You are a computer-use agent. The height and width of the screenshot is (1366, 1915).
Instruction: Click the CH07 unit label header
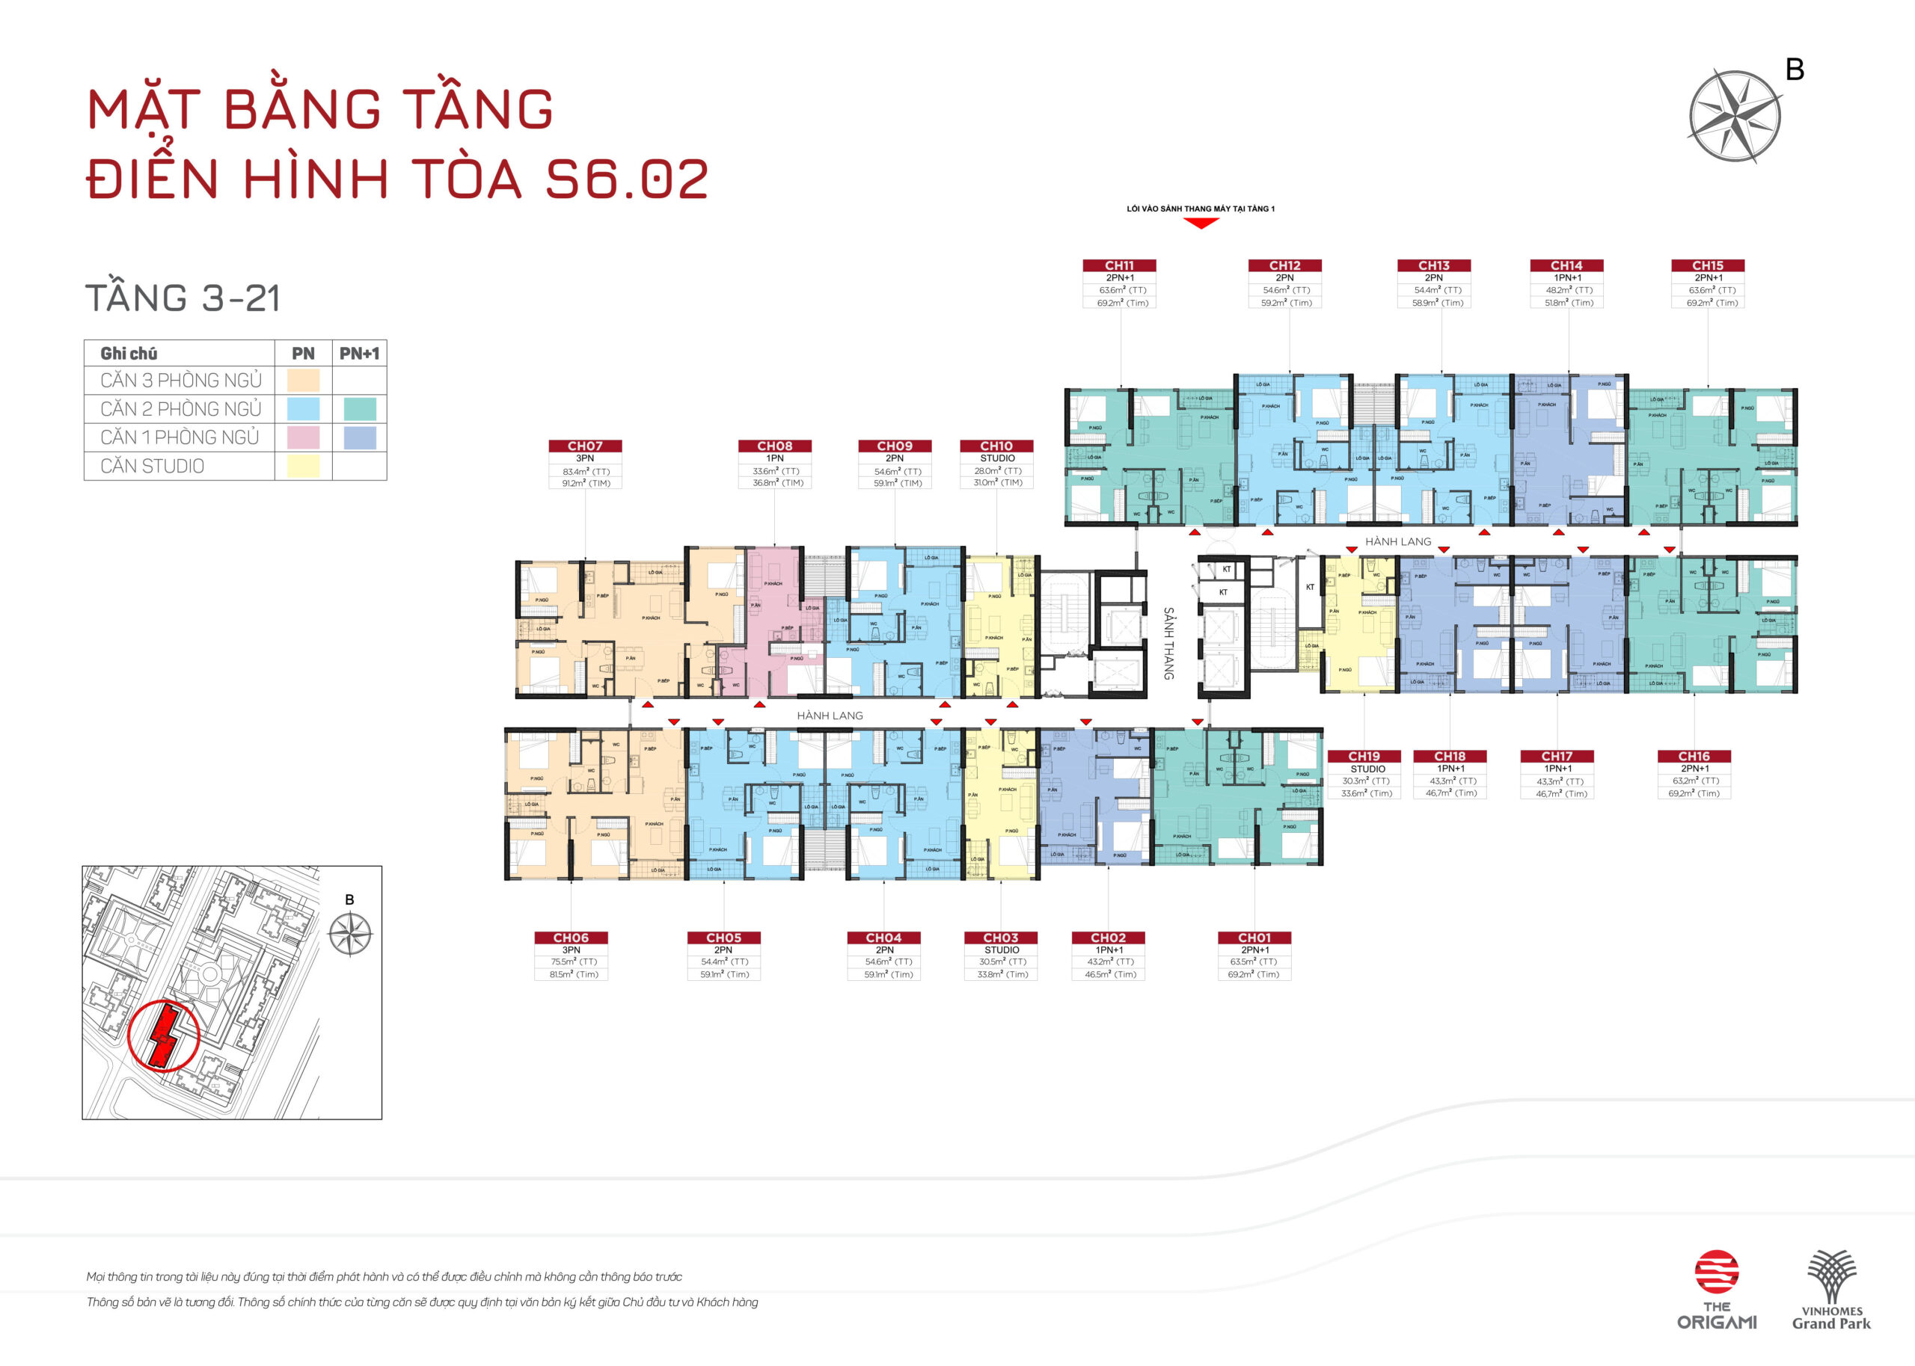click(x=585, y=446)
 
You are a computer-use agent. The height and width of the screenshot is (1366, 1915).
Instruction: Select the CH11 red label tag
click(x=1119, y=265)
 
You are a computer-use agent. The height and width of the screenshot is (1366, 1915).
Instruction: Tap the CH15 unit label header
click(x=1707, y=265)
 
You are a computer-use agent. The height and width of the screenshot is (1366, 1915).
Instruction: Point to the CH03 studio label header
click(x=1000, y=937)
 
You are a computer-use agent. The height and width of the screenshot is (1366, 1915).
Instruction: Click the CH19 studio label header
click(x=1364, y=756)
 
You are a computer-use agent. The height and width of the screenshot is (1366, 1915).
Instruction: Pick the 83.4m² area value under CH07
click(x=586, y=471)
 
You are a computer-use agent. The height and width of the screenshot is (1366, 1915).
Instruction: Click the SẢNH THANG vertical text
click(x=1168, y=644)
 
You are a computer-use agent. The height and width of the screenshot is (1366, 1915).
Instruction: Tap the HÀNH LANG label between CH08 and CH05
click(x=830, y=716)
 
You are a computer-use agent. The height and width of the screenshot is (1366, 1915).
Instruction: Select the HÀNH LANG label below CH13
click(x=1397, y=541)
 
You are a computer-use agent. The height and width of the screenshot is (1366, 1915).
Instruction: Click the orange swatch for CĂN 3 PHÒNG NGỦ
click(x=303, y=380)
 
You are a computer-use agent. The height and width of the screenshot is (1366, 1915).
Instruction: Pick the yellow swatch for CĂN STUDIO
click(x=303, y=466)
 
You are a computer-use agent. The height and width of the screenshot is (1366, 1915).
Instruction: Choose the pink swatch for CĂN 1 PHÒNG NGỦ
click(x=303, y=437)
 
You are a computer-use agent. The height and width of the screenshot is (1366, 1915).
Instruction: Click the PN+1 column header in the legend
click(x=359, y=353)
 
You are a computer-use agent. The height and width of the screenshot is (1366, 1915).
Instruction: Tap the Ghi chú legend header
click(x=129, y=353)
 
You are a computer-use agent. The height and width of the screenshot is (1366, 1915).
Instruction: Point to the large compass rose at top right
click(x=1734, y=116)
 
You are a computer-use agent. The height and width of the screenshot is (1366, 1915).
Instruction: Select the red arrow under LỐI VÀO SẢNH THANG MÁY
click(x=1201, y=223)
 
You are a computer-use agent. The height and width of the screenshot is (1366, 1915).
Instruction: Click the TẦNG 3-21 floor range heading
click(x=183, y=298)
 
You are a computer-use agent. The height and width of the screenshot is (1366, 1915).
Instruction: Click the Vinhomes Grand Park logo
click(x=1831, y=1290)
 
